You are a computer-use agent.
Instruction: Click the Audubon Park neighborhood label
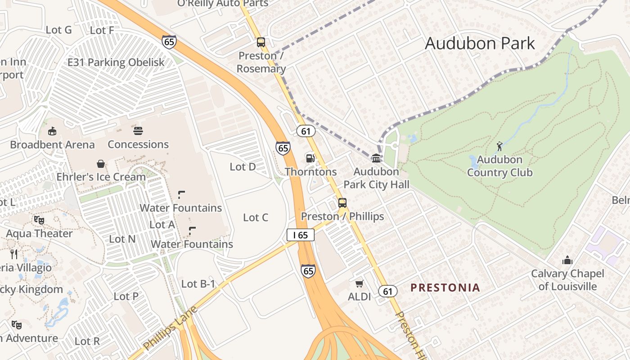click(480, 44)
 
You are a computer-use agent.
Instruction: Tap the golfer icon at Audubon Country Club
click(499, 146)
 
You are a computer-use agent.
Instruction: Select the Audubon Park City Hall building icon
click(376, 158)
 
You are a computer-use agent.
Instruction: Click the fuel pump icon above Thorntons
click(310, 158)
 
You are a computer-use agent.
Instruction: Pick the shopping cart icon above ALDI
click(359, 283)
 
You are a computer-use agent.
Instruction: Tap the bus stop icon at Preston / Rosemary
click(261, 42)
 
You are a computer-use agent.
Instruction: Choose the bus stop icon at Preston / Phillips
click(342, 202)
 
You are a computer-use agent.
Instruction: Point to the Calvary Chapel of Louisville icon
click(567, 260)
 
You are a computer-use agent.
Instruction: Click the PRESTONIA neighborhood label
click(445, 288)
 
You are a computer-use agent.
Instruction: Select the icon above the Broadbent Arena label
click(52, 131)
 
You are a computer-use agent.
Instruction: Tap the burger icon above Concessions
click(138, 131)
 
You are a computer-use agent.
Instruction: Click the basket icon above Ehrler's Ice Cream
click(101, 164)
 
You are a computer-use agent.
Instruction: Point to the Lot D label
click(243, 167)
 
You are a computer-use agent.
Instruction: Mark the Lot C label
click(255, 218)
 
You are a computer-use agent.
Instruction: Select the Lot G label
click(59, 30)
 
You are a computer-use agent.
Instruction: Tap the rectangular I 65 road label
click(300, 235)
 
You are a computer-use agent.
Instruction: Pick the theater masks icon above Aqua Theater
click(39, 220)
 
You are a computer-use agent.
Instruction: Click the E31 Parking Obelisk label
click(116, 63)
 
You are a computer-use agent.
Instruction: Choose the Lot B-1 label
click(198, 284)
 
